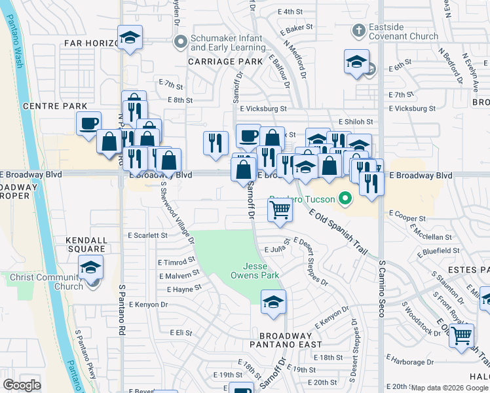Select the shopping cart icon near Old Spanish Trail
pos(280,210)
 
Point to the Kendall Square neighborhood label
pos(86,244)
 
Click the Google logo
pos(22,384)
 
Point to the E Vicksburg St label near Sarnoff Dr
pos(263,109)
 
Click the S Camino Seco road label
pos(381,288)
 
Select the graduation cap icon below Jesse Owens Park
pos(273,302)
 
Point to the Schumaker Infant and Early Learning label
pos(229,43)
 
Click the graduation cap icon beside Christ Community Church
pos(90,267)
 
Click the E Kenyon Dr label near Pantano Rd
pos(150,305)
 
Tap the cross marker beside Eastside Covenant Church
pos(358,30)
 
